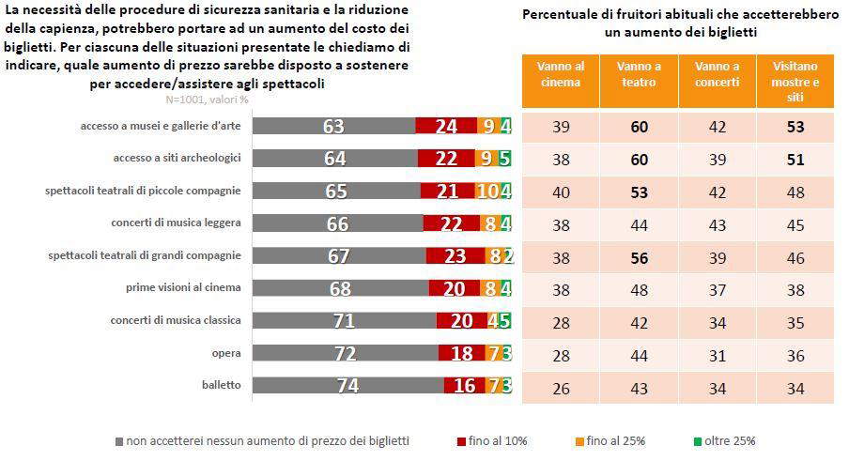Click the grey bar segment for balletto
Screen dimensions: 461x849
pyautogui.click(x=348, y=386)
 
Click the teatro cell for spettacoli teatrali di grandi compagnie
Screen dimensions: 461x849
pyautogui.click(x=639, y=256)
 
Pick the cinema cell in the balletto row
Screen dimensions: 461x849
pyautogui.click(x=560, y=386)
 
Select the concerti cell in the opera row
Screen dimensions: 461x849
pyautogui.click(x=717, y=354)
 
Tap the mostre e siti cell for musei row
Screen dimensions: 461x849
pyautogui.click(x=795, y=126)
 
